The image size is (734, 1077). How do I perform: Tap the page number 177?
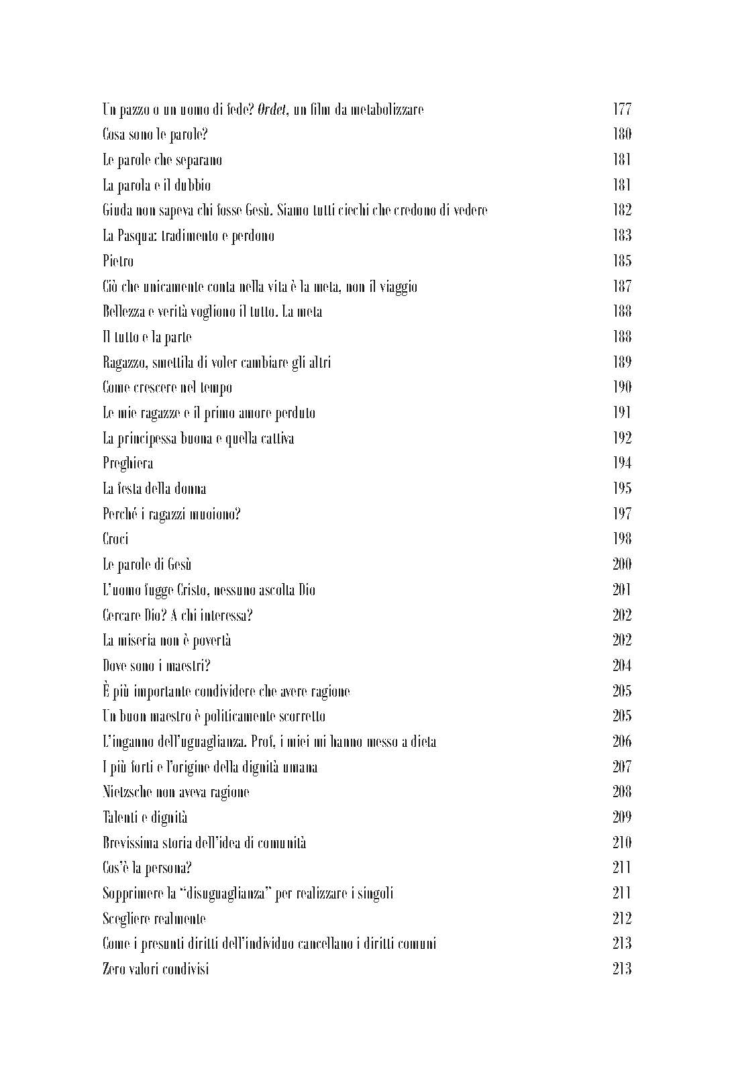pyautogui.click(x=622, y=109)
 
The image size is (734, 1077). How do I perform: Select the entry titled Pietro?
pyautogui.click(x=118, y=261)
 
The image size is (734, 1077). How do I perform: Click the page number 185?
pyautogui.click(x=622, y=260)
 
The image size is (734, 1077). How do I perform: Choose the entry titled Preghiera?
pyautogui.click(x=127, y=464)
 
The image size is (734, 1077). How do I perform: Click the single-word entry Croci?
pyautogui.click(x=115, y=539)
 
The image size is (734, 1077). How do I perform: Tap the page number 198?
pyautogui.click(x=622, y=539)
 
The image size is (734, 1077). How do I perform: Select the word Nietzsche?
pyautogui.click(x=128, y=792)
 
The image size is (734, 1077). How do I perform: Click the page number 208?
pyautogui.click(x=622, y=792)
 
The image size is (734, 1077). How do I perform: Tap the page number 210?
pyautogui.click(x=622, y=842)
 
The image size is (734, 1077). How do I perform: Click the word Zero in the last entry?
pyautogui.click(x=114, y=969)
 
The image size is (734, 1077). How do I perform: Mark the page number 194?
pyautogui.click(x=622, y=463)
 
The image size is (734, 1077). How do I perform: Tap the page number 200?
pyautogui.click(x=622, y=564)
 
